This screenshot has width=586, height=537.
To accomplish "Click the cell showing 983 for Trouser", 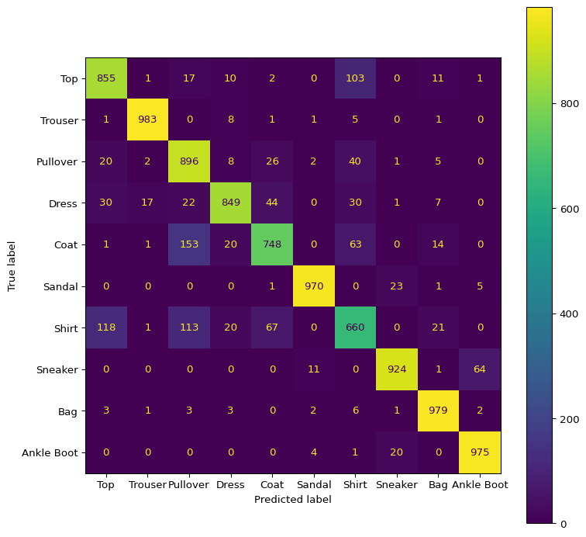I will (148, 120).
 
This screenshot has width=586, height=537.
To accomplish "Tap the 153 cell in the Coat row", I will (189, 244).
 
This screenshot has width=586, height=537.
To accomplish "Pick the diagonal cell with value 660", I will (356, 327).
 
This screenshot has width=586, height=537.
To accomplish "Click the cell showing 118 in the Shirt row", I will (106, 327).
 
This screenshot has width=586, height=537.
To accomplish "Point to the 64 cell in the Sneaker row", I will (480, 369).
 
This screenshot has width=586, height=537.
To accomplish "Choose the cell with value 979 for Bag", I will (439, 411).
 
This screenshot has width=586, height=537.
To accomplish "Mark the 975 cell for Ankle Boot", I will (480, 452).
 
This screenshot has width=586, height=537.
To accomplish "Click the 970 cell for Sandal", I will (314, 286).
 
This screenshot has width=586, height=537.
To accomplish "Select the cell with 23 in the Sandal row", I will (397, 286).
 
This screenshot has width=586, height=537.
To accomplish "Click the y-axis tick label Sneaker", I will (58, 369).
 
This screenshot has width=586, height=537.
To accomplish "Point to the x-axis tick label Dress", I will (231, 484).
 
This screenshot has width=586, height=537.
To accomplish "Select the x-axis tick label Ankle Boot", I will (480, 484).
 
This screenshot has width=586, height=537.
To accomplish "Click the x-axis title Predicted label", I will (293, 500).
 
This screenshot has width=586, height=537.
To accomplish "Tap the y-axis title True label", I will (12, 265).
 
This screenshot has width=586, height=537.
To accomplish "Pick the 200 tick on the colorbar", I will (569, 419).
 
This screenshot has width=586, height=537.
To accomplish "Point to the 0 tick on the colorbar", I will (563, 524).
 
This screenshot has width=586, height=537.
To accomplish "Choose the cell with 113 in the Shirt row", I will (189, 327).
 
